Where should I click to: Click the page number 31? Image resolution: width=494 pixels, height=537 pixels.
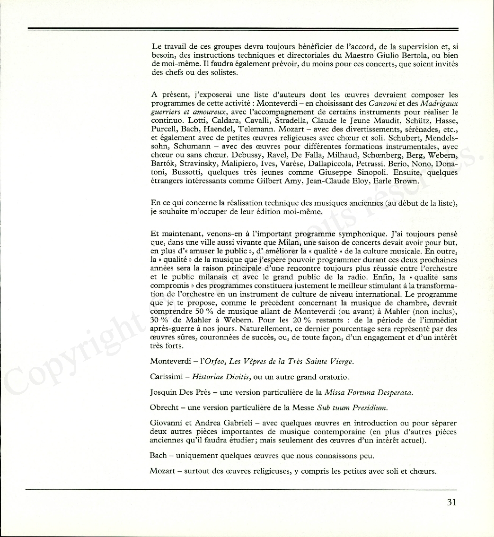[451, 502]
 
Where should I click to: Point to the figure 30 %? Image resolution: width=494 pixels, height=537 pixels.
[159, 320]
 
